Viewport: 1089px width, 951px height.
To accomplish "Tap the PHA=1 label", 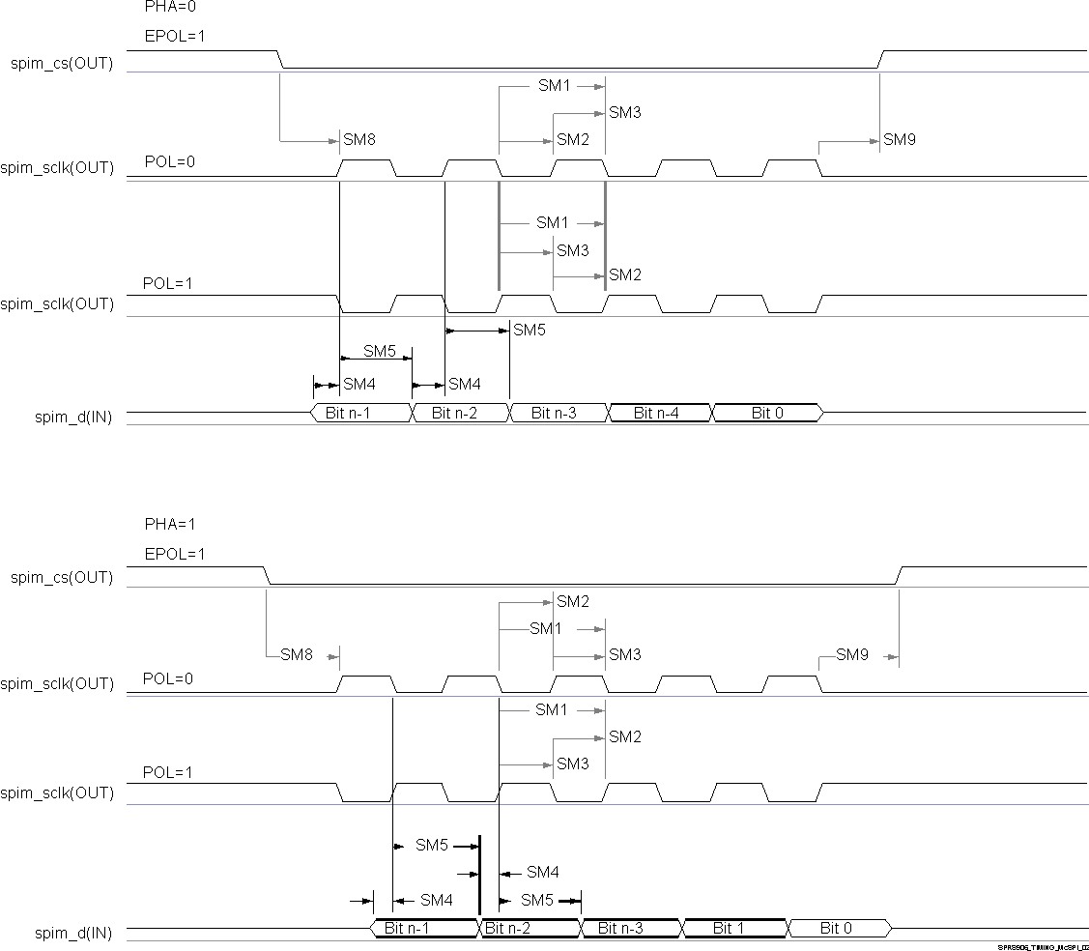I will point(169,524).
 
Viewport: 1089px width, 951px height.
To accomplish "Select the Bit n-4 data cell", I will point(656,414).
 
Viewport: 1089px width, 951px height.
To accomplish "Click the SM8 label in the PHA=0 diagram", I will point(359,140).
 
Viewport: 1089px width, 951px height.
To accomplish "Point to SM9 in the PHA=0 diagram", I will point(900,140).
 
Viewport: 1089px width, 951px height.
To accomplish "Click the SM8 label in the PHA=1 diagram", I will point(297,655).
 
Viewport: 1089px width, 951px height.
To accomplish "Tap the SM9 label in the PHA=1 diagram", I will point(852,655).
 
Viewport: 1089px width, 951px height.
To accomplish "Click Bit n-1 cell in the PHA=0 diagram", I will point(360,414).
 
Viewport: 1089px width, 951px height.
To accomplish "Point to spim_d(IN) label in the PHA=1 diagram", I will point(73,934).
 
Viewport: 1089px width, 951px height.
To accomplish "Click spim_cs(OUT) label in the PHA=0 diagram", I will point(62,64).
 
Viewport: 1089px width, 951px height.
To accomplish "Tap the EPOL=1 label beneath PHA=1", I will point(175,555).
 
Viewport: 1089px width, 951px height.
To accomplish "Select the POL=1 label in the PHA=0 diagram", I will point(168,284).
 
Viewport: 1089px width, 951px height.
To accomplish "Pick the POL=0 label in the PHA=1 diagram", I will point(168,678).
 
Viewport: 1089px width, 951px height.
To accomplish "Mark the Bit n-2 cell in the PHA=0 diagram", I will point(460,414).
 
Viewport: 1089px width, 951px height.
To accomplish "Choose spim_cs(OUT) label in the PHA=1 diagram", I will point(62,578).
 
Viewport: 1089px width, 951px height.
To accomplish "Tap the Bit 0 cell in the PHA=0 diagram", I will point(767,414).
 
